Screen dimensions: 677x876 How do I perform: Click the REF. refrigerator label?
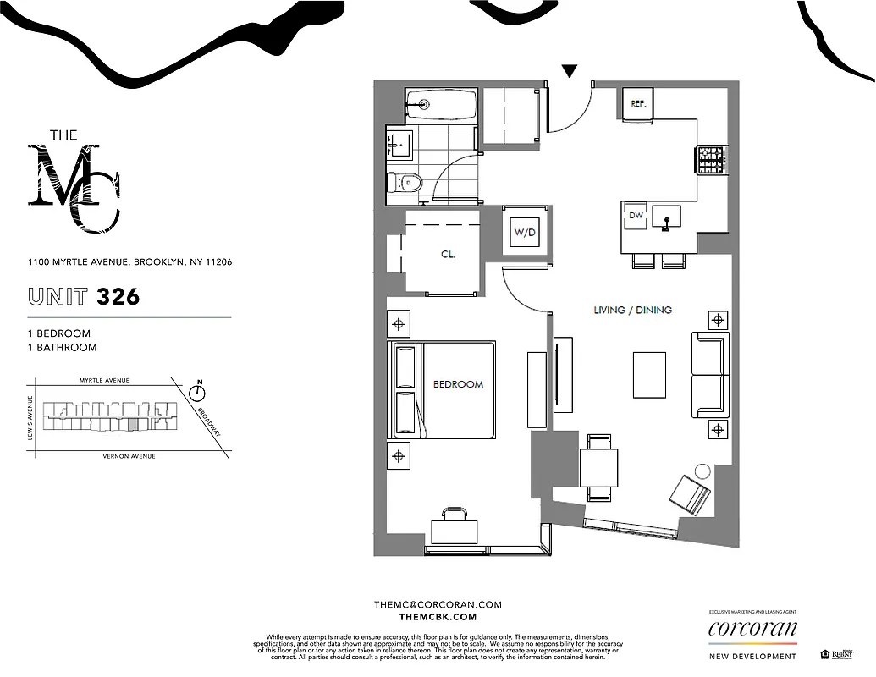pyautogui.click(x=638, y=103)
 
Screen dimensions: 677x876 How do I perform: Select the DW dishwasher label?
pyautogui.click(x=636, y=216)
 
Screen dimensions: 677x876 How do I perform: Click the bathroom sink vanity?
pyautogui.click(x=399, y=145)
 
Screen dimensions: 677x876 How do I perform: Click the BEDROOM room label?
pyautogui.click(x=458, y=384)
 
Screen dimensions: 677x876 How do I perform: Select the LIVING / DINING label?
pyautogui.click(x=633, y=311)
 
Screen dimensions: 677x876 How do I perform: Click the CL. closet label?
pyautogui.click(x=448, y=254)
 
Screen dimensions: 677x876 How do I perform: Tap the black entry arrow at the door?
pyautogui.click(x=570, y=71)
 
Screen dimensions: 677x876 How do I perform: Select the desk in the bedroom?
pyautogui.click(x=455, y=531)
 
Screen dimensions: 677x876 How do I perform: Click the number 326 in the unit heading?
pyautogui.click(x=118, y=297)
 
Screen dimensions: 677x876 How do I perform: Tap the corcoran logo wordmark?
pyautogui.click(x=752, y=629)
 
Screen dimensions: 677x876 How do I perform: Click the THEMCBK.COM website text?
pyautogui.click(x=438, y=618)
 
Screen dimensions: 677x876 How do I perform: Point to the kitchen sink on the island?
pyautogui.click(x=666, y=219)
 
